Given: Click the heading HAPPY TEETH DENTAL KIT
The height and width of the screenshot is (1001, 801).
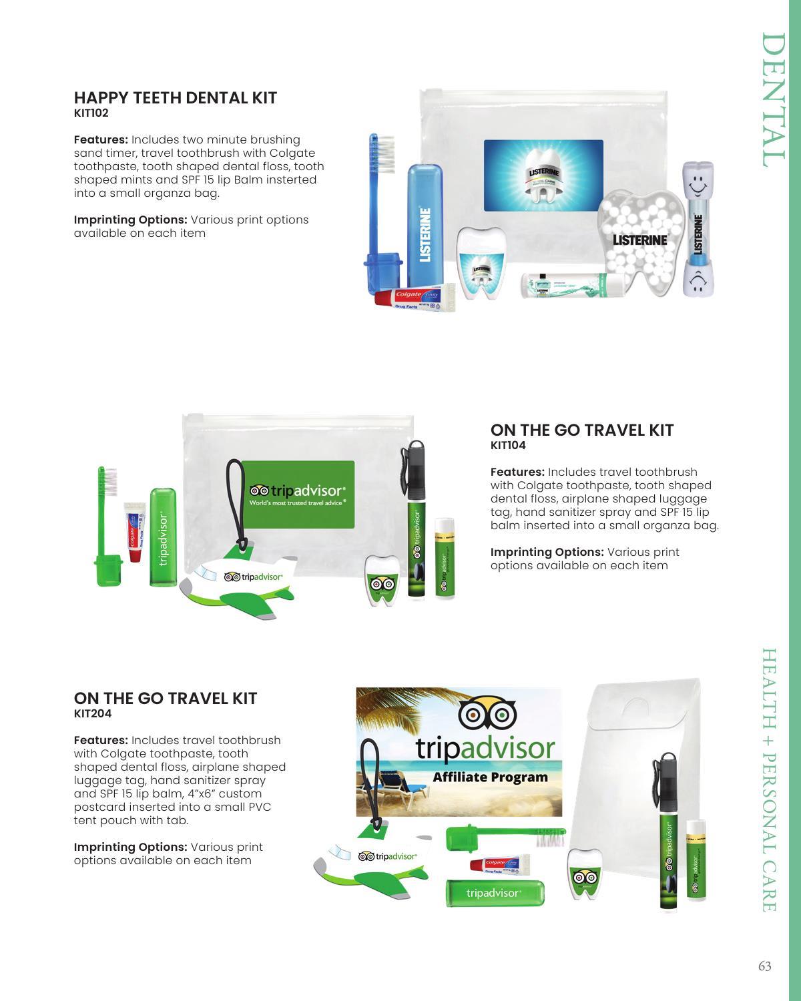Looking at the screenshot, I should [175, 98].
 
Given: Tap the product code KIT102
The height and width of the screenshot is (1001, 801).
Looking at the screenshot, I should [91, 113].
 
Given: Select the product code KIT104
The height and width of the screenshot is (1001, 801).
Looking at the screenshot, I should [507, 446].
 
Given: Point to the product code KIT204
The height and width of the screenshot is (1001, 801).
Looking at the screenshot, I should [92, 714].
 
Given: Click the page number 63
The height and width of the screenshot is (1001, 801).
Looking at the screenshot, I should [764, 966].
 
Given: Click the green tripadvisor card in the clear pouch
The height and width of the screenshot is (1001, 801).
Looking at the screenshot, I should [297, 494].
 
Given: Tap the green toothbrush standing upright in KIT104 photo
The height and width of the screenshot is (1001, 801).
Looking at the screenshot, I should [107, 527].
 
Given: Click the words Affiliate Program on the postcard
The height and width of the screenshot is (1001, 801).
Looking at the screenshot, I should [490, 777].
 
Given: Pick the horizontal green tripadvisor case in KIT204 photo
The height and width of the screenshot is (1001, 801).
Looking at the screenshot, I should [495, 893].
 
